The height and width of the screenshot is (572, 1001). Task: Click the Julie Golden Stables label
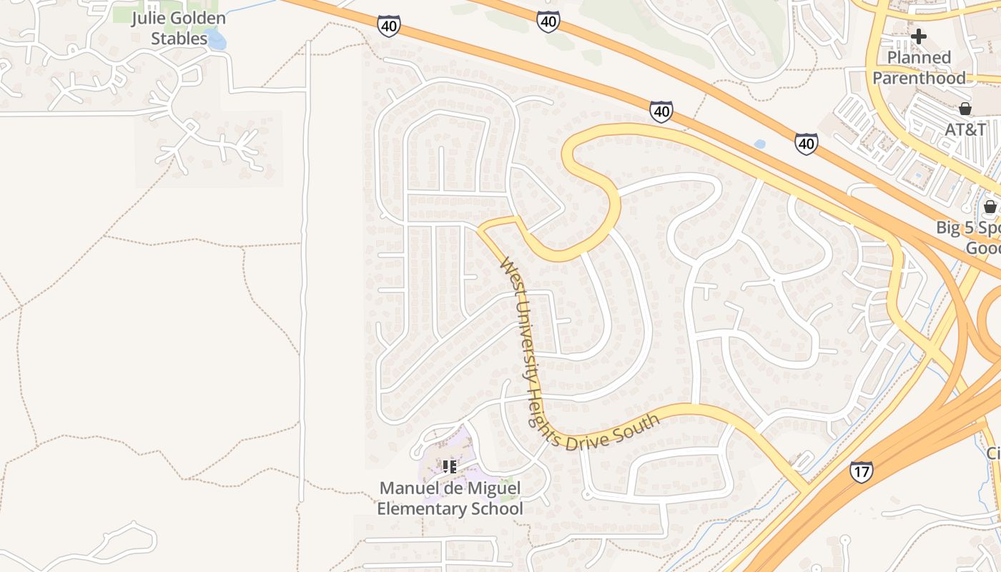click(x=178, y=28)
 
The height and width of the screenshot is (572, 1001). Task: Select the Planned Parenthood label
click(x=919, y=68)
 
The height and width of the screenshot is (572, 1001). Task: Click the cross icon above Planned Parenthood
click(x=919, y=36)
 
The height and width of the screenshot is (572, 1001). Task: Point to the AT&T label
click(x=965, y=129)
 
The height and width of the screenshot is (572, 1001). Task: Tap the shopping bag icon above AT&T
click(x=965, y=109)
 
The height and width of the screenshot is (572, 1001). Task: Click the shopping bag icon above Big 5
click(x=990, y=207)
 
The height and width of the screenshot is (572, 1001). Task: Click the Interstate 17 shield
click(x=861, y=472)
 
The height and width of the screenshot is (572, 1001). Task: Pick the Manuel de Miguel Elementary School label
click(x=450, y=498)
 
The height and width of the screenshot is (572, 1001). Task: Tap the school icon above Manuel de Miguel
click(x=449, y=467)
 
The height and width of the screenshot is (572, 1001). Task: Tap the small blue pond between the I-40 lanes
click(x=759, y=144)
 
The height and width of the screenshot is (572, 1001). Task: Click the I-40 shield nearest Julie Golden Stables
click(x=388, y=26)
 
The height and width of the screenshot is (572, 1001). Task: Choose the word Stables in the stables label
click(x=179, y=39)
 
